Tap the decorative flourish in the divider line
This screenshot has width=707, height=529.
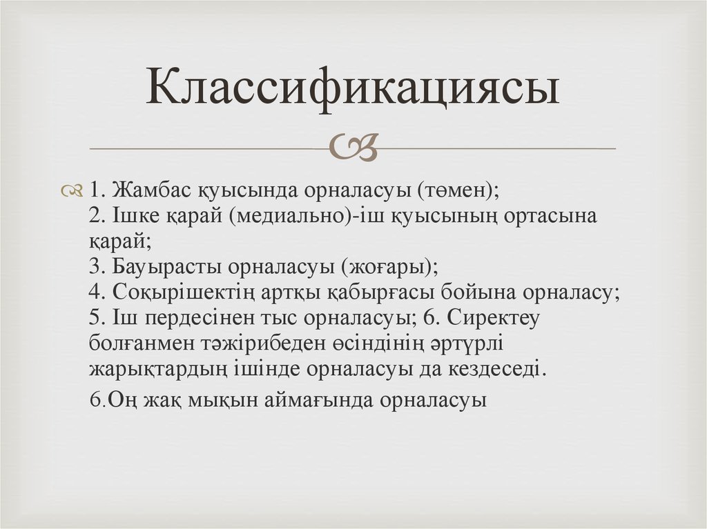coord(353,148)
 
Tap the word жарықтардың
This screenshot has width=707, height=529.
coord(157,369)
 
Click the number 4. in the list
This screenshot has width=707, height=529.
coord(97,292)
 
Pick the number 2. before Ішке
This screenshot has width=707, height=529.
coord(97,216)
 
